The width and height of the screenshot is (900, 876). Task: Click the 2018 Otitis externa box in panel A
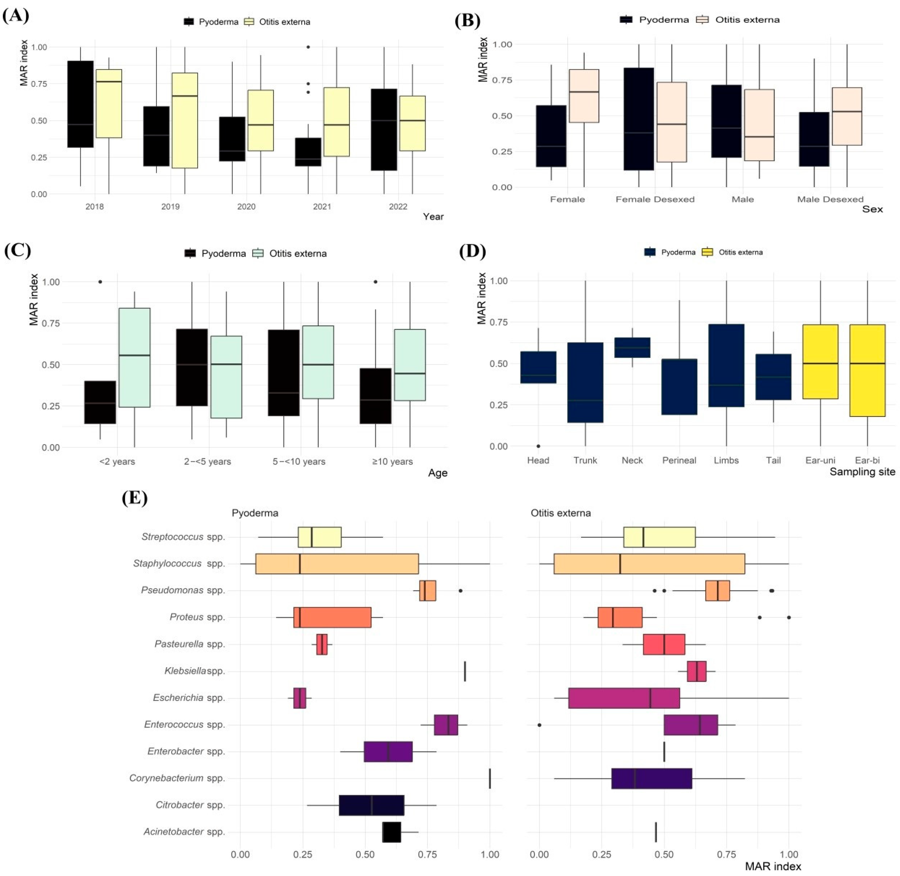click(109, 104)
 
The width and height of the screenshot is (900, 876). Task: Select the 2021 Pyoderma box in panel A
click(308, 152)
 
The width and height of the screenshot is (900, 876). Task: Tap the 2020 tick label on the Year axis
click(246, 206)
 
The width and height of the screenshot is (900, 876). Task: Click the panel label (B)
click(467, 21)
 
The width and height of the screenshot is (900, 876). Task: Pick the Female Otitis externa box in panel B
click(584, 96)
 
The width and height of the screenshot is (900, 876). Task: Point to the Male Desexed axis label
click(830, 199)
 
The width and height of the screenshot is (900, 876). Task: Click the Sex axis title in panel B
click(872, 209)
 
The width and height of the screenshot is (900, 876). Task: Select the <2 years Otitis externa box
click(134, 358)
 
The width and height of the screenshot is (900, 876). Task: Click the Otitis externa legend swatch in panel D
click(707, 252)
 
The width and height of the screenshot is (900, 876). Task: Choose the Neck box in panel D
click(632, 347)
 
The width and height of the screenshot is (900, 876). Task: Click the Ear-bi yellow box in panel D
click(867, 370)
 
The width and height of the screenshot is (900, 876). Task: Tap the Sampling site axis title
click(862, 472)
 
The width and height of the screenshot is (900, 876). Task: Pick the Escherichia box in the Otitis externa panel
click(624, 698)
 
